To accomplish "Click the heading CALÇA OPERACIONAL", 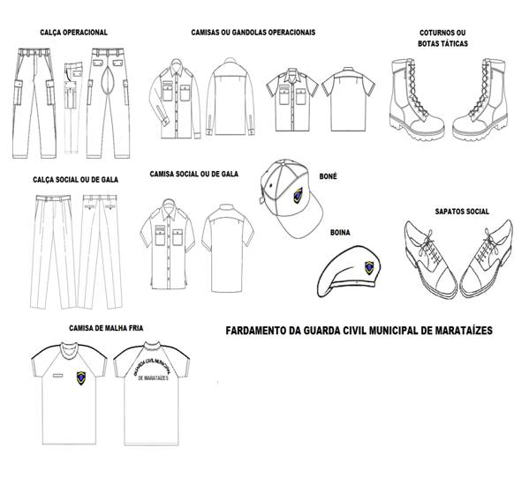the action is tap(73, 33).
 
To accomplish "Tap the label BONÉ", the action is tap(328, 176).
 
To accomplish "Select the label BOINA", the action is tap(340, 233).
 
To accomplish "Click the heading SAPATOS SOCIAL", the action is tap(462, 212).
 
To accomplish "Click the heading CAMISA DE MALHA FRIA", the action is tap(106, 328).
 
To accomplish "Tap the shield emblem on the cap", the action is tap(298, 196).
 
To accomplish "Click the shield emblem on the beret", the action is tap(370, 267).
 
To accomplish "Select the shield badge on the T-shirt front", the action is tap(81, 378).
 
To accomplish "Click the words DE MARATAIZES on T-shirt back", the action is tap(154, 378).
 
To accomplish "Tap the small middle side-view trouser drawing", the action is tap(73, 108).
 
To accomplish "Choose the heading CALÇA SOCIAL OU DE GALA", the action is tap(76, 180).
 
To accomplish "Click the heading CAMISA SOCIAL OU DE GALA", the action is tap(194, 174).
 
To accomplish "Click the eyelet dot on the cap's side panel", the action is tap(270, 185).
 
